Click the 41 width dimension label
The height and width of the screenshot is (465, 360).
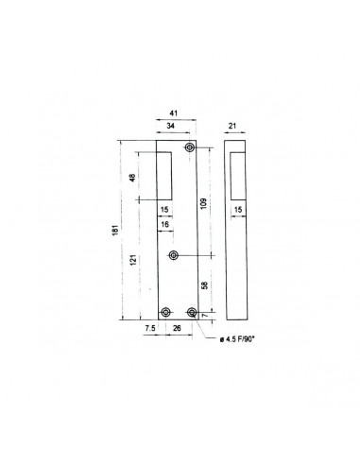(x=174, y=113)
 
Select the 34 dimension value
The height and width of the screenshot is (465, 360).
(x=170, y=126)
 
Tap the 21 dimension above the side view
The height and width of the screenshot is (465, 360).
(x=232, y=126)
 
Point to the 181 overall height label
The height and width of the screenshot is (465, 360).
(x=115, y=230)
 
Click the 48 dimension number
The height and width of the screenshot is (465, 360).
(x=133, y=178)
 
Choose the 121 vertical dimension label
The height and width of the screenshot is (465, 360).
(x=133, y=260)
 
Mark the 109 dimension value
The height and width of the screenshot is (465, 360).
(x=203, y=203)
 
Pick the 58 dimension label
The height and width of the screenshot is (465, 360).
(x=204, y=285)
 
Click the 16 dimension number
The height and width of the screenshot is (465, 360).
(x=164, y=224)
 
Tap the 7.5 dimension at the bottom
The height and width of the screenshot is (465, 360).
(x=150, y=328)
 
